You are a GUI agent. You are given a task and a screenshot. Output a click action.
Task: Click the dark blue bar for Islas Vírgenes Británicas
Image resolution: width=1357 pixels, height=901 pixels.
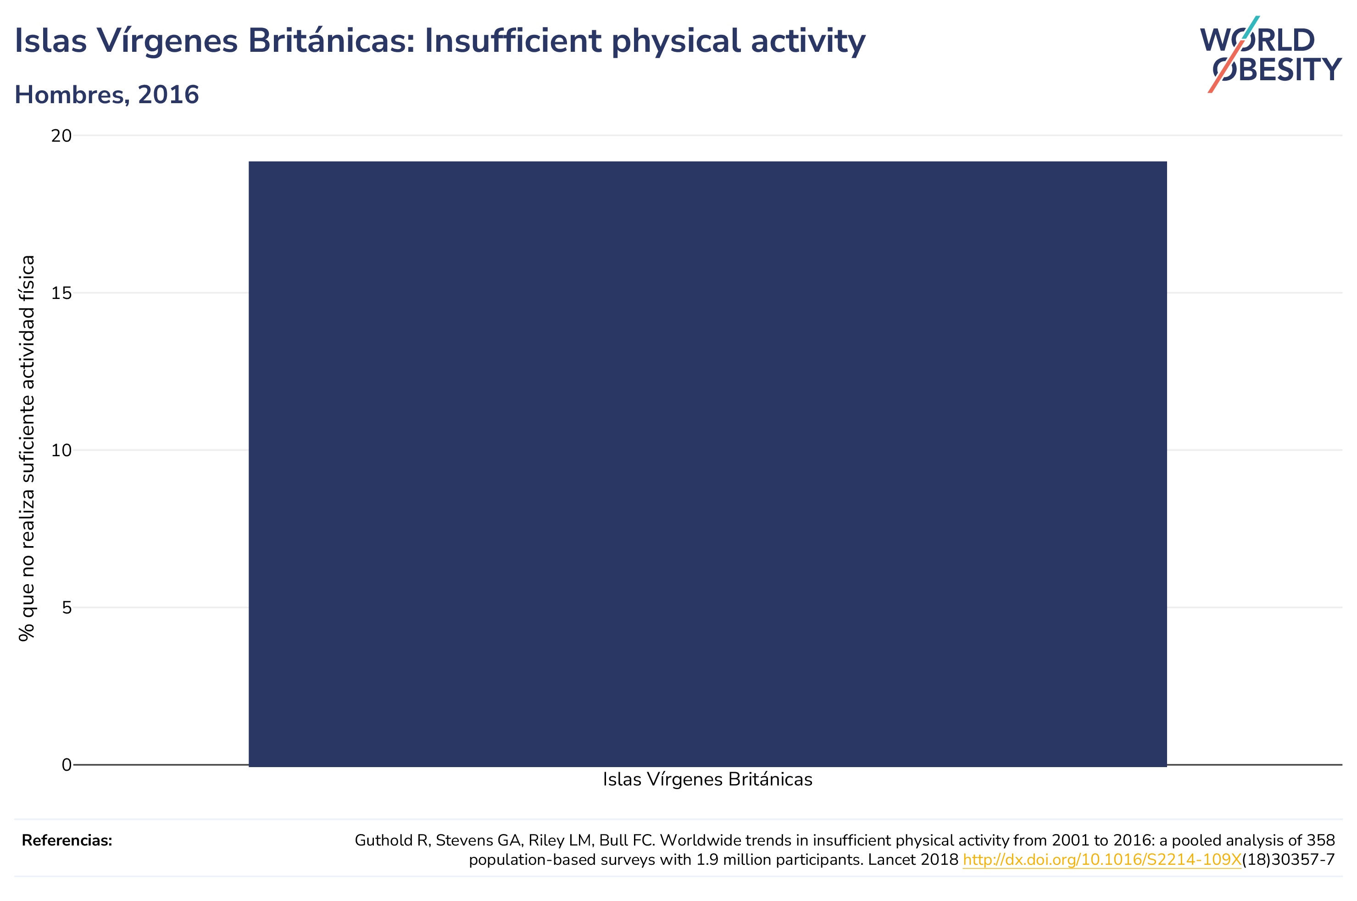(x=707, y=464)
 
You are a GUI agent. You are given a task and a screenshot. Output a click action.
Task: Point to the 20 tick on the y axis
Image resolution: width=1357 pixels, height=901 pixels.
(x=61, y=136)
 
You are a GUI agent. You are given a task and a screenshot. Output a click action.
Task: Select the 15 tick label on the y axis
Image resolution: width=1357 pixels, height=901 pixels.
(x=61, y=293)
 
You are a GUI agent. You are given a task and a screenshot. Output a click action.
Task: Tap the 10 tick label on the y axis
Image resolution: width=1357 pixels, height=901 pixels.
(x=61, y=450)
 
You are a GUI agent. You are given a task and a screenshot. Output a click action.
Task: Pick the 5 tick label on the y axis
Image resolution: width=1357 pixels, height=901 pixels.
(x=67, y=608)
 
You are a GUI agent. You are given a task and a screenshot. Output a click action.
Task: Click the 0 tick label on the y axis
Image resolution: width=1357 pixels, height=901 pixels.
(x=67, y=765)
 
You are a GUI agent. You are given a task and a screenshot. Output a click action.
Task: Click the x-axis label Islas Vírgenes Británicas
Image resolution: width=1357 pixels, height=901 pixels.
(x=707, y=780)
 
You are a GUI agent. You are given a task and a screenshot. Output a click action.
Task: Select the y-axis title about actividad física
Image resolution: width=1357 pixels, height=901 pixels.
(x=27, y=448)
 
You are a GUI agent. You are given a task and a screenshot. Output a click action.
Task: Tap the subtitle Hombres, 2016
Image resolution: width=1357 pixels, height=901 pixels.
(x=107, y=95)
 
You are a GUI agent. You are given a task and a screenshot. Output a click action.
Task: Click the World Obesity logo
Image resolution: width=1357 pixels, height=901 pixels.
(x=1270, y=55)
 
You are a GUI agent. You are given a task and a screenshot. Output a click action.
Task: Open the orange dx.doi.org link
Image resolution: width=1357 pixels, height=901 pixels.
(x=1102, y=860)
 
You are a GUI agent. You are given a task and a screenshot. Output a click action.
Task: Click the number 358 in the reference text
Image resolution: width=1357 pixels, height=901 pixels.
(x=1321, y=840)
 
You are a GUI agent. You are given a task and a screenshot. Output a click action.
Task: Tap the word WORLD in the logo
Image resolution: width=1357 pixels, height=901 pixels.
(x=1257, y=40)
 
